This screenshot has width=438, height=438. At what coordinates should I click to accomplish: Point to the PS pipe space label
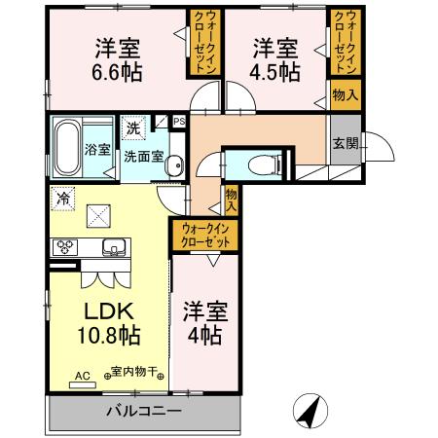[179, 122]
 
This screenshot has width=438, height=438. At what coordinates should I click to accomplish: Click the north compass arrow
[310, 411]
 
